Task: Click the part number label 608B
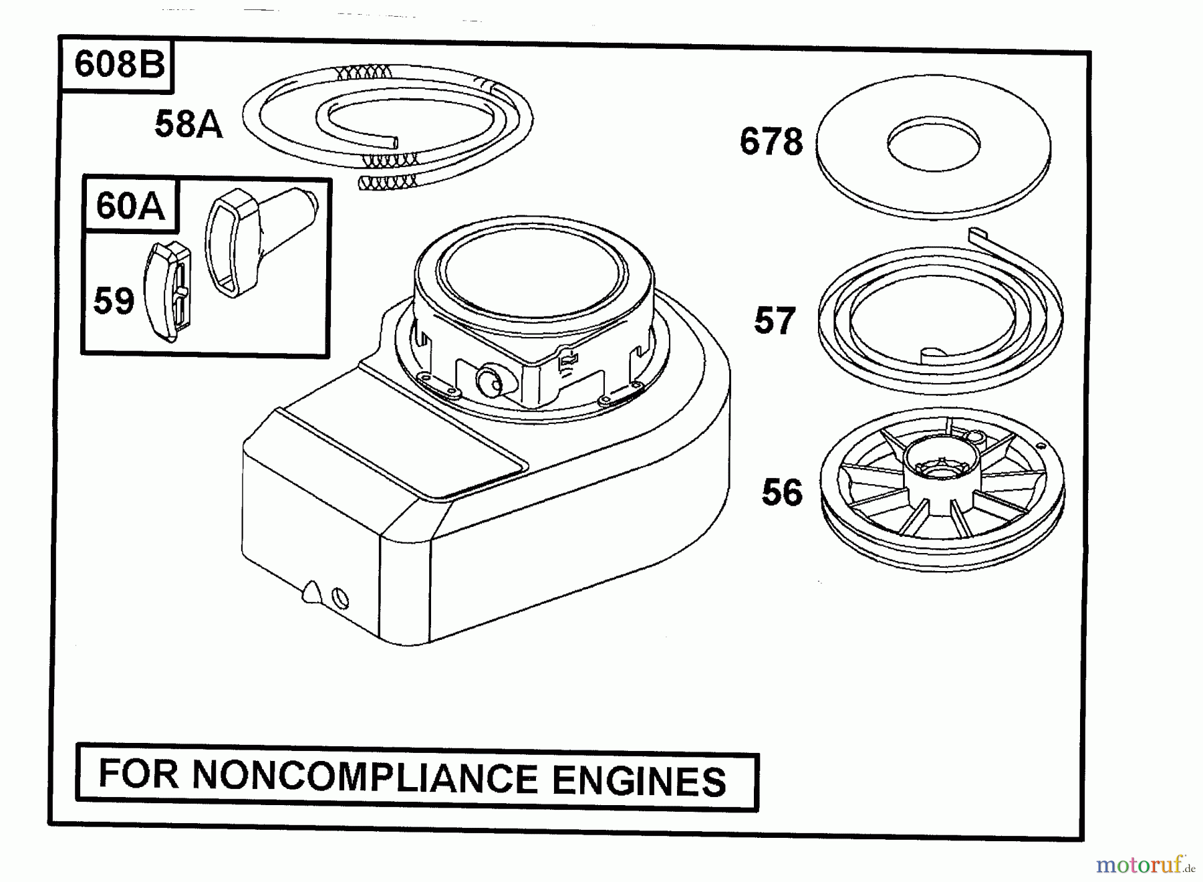tap(119, 65)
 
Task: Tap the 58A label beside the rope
tap(188, 124)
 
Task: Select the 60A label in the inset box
tap(130, 205)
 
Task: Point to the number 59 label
tap(113, 301)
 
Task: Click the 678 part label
tap(771, 142)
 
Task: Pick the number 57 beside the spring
tap(775, 321)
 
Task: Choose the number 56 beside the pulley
tap(781, 493)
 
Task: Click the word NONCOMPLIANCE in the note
tap(365, 778)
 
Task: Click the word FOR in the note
tap(139, 774)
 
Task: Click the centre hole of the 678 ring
tap(934, 143)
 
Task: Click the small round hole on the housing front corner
tap(340, 596)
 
